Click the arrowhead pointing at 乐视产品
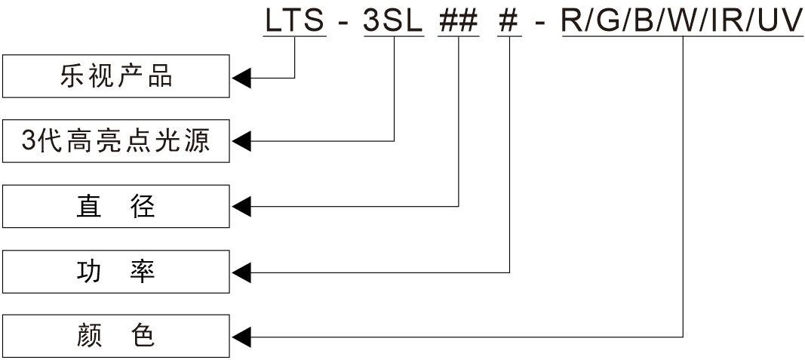pos(241,77)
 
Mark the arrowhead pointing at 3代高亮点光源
pos(241,141)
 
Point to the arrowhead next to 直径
pos(241,206)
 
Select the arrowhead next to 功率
pos(241,271)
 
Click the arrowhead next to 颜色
pos(241,336)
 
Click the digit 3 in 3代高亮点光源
pos(29,141)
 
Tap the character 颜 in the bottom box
pos(89,336)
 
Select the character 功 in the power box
pos(89,271)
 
